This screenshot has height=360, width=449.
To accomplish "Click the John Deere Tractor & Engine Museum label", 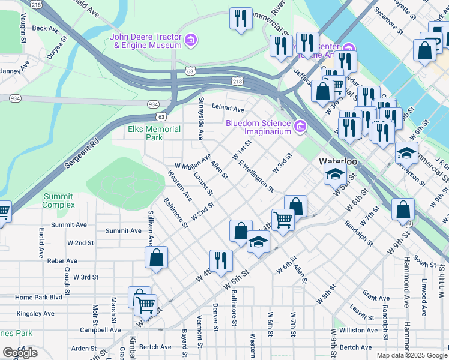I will tap(145, 41).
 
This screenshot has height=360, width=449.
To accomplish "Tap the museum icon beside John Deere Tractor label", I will tap(191, 41).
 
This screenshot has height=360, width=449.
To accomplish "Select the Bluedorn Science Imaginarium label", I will tap(258, 127).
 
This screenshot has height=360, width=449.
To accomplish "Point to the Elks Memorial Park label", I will tap(154, 133).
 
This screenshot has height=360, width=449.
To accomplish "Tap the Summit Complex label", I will tap(58, 200).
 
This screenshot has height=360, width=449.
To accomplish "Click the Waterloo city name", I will tap(338, 161).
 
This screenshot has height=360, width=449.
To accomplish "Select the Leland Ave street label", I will tap(228, 109).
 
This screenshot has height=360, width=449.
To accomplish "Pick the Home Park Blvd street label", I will tap(39, 297).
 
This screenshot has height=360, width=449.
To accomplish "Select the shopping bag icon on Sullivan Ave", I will tap(156, 258).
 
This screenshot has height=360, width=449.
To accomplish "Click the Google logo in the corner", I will tap(20, 353).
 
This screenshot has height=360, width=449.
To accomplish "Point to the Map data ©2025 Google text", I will tap(411, 355).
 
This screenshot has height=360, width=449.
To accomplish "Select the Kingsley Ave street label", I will tap(35, 313).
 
